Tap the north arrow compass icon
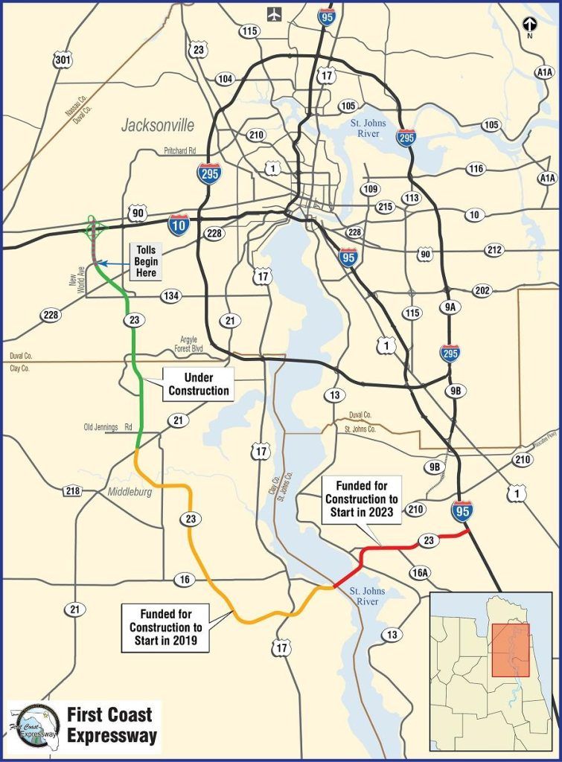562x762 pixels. click(529, 25)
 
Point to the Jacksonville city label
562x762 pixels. click(157, 125)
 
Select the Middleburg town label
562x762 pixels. click(130, 493)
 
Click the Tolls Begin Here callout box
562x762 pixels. click(146, 262)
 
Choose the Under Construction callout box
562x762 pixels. click(199, 384)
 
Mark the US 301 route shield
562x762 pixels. click(63, 60)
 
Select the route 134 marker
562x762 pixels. click(171, 297)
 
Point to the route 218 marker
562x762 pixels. click(72, 490)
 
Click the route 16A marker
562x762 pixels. click(419, 571)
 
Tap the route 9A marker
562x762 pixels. click(450, 304)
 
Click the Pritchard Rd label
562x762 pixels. click(183, 150)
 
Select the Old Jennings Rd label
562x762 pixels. click(108, 427)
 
